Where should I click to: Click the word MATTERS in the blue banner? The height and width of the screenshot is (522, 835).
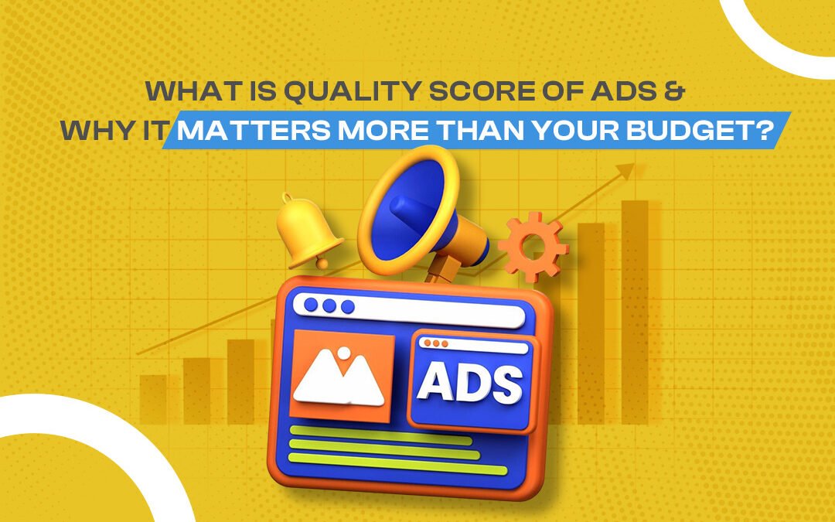pyautogui.click(x=254, y=131)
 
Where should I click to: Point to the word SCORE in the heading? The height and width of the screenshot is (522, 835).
pyautogui.click(x=482, y=91)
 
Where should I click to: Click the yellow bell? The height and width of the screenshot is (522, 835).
pyautogui.click(x=307, y=230)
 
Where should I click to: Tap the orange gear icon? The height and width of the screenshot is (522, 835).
pyautogui.click(x=533, y=247)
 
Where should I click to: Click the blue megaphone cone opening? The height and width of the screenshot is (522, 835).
pyautogui.click(x=408, y=206)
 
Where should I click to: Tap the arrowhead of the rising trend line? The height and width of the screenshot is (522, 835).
pyautogui.click(x=626, y=171)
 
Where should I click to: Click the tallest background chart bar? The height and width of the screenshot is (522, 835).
pyautogui.click(x=635, y=312)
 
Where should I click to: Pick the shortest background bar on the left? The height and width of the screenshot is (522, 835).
pyautogui.click(x=153, y=400)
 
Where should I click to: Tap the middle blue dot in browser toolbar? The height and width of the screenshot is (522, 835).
pyautogui.click(x=329, y=305)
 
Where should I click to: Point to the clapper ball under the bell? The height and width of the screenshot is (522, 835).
pyautogui.click(x=322, y=263)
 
